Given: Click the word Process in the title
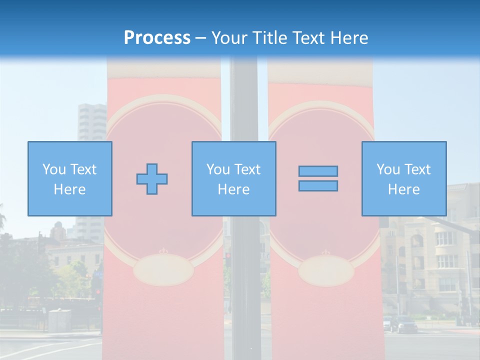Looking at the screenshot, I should coord(157,38).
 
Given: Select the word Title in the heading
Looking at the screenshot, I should coord(269,38).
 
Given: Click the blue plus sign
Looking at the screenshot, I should coord(152,179).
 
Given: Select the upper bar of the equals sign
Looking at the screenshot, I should coord(318,171).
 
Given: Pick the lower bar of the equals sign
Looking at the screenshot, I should coord(318,186).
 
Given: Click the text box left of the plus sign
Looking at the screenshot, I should coord(70,179).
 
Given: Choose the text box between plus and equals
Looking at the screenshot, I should coord(234,179).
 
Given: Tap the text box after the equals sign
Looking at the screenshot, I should coord(404,179).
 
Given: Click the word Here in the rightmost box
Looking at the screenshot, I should coord(404,189).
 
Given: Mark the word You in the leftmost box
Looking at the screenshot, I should coord(53,169).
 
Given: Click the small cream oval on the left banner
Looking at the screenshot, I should coord(163,270).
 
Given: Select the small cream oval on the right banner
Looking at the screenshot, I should coord(326,270).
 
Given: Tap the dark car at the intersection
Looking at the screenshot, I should coord(405,324).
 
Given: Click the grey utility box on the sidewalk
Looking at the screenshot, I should coord(59,320).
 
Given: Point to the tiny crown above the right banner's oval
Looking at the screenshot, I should coord(325,251).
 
